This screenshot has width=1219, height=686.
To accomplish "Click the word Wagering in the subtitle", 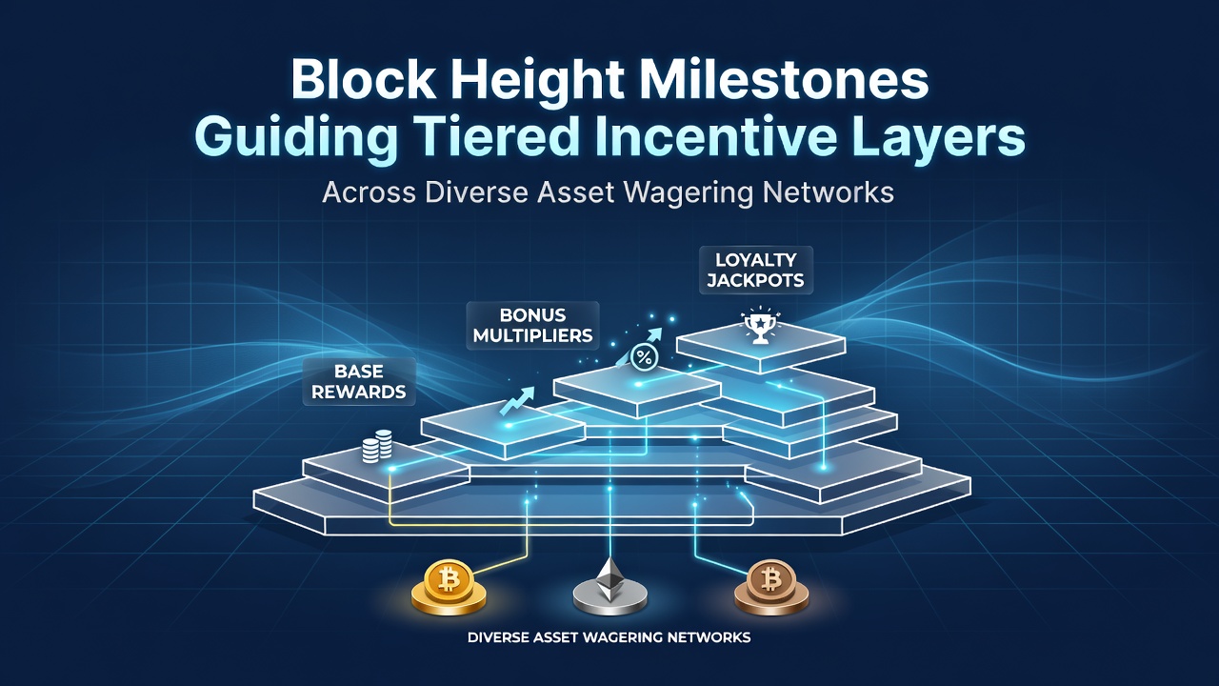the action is (689, 193).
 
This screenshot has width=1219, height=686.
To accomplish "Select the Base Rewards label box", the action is (359, 382).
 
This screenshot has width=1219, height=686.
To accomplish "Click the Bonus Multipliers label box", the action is (532, 326).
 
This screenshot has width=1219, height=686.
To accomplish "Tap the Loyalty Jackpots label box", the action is (755, 270).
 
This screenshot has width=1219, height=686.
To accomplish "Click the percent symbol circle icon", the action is (645, 357).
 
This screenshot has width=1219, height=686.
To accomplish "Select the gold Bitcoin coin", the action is (449, 588).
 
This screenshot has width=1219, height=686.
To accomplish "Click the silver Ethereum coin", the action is (609, 588).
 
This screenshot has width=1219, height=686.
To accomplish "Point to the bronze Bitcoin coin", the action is (771, 588).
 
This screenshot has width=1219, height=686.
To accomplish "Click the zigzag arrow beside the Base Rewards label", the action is (517, 401).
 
